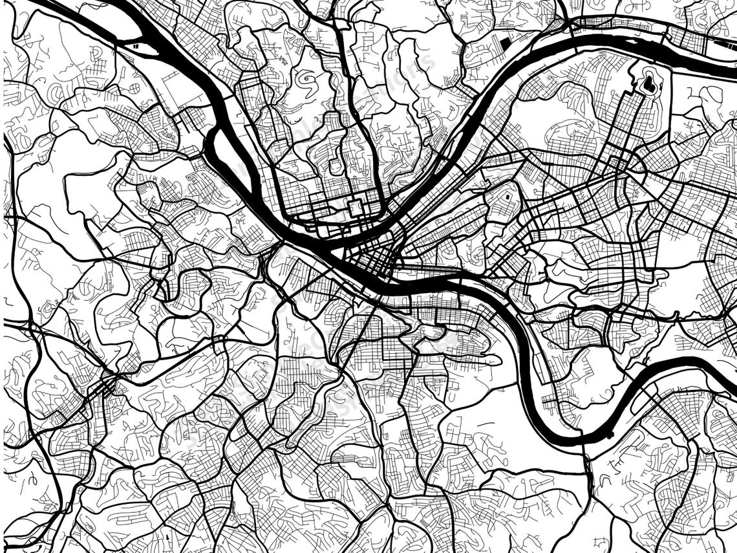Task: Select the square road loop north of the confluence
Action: tap(355, 208)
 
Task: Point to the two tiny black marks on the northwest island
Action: tap(134, 46)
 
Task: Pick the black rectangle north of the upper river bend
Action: tap(506, 43)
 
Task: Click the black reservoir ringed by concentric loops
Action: tap(648, 83)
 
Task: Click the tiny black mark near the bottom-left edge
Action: tap(167, 536)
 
